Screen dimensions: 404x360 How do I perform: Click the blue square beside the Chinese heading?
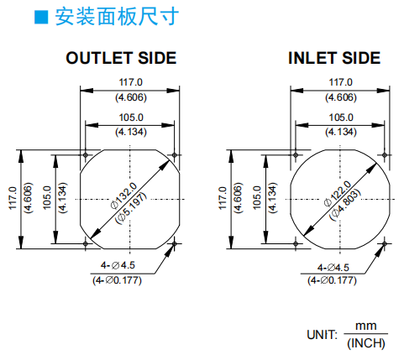41,17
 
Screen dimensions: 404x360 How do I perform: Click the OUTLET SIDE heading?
121,58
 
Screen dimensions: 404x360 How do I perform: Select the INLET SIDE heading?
334,58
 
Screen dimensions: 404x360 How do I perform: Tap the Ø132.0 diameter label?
124,196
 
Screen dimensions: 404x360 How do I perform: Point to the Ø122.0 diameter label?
338,194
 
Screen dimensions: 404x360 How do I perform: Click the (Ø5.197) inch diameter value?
131,207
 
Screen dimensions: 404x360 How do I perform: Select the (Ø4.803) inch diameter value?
345,205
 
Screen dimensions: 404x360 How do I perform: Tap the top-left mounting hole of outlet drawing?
86,154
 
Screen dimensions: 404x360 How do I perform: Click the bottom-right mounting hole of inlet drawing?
385,243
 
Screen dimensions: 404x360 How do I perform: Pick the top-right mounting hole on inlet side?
385,154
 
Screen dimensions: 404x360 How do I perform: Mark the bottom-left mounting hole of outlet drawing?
86,243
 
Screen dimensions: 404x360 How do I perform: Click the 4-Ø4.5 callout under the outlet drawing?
118,265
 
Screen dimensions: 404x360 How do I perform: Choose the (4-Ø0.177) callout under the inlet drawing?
332,280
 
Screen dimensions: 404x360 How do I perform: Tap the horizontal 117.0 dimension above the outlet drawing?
130,82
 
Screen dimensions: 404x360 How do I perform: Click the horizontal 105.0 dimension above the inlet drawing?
341,117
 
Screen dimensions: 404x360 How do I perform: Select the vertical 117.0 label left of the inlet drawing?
223,198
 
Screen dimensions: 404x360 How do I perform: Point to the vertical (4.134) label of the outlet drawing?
62,198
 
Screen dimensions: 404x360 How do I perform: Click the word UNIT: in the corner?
323,335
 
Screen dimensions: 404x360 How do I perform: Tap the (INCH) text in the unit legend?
366,343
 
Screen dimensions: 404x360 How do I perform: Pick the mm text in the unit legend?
366,326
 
